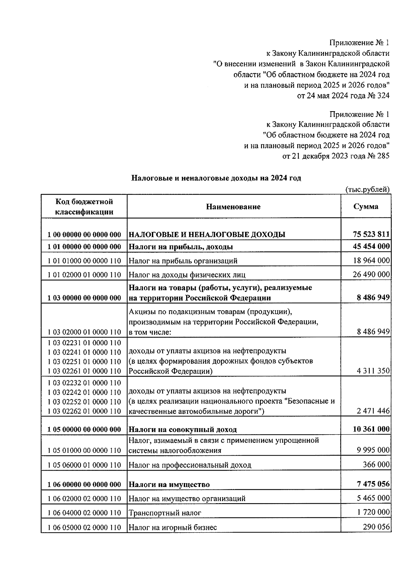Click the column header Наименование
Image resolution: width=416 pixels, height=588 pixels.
(233, 207)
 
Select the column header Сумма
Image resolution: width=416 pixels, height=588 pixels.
(366, 206)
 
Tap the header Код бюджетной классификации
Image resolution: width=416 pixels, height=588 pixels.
(84, 207)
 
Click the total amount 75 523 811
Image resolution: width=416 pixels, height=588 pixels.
(371, 234)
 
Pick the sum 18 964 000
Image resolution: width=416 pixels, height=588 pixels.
(371, 260)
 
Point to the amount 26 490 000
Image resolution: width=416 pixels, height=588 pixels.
(371, 275)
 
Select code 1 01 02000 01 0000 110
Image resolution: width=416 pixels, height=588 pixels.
(84, 275)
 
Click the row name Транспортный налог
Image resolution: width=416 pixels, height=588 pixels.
(165, 513)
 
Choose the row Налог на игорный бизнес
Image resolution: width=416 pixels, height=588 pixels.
(173, 527)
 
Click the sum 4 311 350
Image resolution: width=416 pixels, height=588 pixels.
(373, 371)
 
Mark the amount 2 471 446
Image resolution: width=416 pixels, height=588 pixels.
(373, 411)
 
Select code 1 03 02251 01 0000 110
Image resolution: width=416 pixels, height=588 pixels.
(84, 362)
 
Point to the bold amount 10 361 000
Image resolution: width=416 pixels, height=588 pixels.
(371, 429)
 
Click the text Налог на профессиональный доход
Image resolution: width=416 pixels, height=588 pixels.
(190, 465)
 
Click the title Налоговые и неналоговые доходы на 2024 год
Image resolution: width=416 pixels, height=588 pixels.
(216, 178)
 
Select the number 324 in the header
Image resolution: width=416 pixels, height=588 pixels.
(383, 96)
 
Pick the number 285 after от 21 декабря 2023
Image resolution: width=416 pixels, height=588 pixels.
(383, 156)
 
